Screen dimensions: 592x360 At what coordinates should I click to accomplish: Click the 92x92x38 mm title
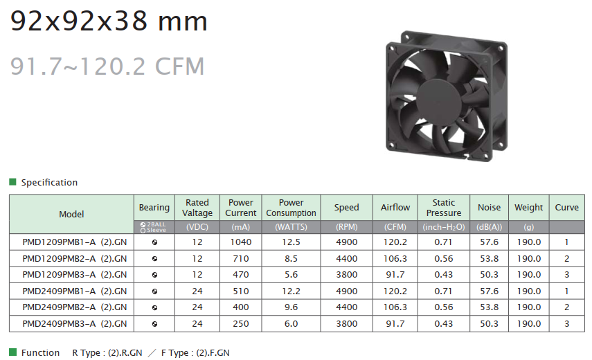[x=109, y=21]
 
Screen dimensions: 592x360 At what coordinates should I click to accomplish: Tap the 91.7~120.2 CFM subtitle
[x=107, y=66]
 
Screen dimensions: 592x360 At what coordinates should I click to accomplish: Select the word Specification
[x=49, y=182]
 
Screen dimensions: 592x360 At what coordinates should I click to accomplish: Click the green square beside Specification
[x=13, y=182]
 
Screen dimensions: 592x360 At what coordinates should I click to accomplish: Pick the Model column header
[x=71, y=214]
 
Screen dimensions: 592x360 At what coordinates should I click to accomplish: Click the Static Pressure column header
[x=444, y=208]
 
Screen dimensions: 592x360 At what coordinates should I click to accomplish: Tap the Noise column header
[x=489, y=207]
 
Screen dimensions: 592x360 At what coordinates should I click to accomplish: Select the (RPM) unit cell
[x=347, y=227]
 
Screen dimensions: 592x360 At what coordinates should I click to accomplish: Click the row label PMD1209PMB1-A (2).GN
[x=74, y=242]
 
